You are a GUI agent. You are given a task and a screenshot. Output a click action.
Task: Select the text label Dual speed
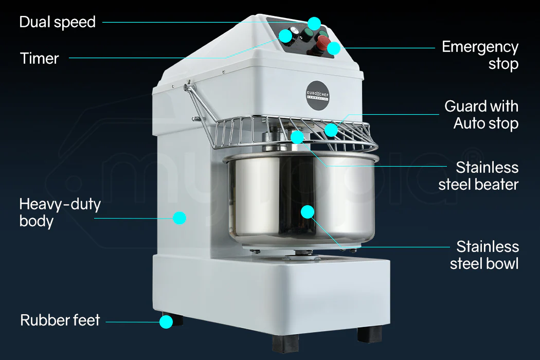tap(57, 22)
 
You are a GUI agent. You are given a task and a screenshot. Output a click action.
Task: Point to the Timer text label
tap(40, 58)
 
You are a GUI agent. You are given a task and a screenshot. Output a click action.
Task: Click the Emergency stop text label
tap(480, 55)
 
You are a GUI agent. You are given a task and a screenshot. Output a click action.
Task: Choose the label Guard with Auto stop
tap(481, 115)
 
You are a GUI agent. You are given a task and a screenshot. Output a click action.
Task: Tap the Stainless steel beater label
tap(478, 176)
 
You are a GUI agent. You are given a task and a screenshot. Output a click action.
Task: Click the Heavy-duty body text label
tap(60, 212)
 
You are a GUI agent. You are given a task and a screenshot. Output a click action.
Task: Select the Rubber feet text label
tap(60, 320)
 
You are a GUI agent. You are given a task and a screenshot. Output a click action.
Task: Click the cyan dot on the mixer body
tap(179, 218)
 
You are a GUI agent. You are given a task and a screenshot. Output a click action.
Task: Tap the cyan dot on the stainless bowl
tap(307, 211)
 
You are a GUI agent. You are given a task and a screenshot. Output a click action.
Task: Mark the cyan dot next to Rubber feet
tap(166, 322)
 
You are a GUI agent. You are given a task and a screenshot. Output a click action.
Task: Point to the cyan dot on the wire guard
tap(331, 130)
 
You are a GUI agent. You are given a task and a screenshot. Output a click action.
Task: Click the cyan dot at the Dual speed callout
tap(314, 23)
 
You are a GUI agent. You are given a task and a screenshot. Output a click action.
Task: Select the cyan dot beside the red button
tap(334, 48)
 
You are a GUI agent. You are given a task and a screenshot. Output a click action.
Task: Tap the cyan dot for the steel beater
tap(297, 137)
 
